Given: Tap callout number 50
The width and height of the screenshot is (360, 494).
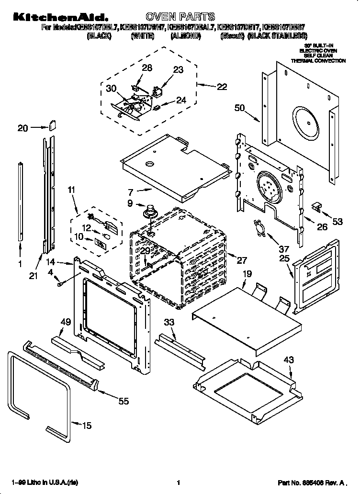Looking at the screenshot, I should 240,108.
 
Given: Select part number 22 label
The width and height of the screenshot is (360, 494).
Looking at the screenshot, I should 222,87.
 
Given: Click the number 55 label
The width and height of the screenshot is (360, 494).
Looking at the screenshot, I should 124,401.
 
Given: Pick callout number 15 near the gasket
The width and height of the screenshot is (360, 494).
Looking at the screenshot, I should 86,426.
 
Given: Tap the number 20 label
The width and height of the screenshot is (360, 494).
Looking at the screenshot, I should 23,128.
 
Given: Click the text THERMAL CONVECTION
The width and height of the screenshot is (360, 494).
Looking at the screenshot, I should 318,61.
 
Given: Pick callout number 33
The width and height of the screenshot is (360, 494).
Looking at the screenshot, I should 169,322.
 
